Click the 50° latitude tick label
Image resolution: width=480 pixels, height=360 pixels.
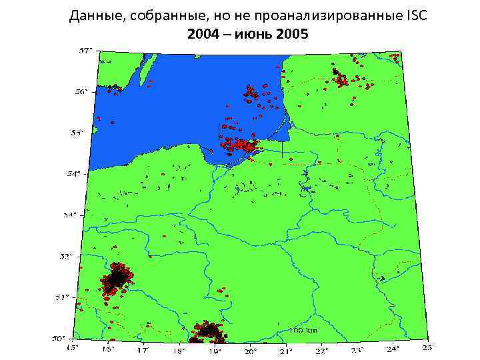click(x=61, y=338)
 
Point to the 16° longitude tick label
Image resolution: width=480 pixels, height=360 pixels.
click(x=108, y=349)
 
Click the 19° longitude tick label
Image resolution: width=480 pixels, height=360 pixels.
click(x=214, y=350)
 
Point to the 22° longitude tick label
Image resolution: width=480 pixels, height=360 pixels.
click(x=321, y=350)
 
